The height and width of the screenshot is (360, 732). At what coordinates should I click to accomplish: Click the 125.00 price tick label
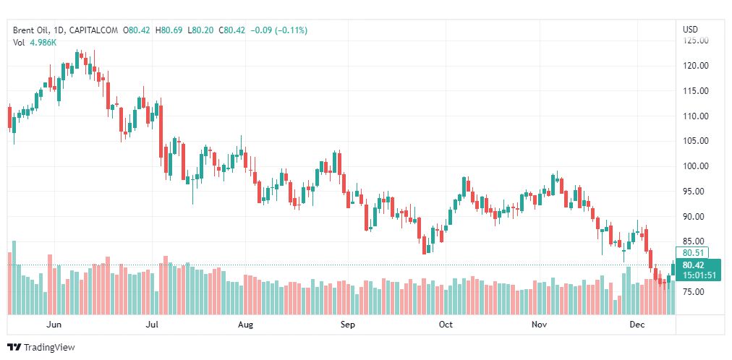point(696,40)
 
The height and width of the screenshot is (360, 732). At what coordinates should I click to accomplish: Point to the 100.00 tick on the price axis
point(696,166)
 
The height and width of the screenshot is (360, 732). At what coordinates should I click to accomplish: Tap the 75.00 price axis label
point(694,292)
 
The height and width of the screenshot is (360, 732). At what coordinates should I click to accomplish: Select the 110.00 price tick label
point(696,116)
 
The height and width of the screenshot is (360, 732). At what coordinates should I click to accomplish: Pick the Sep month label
point(348,325)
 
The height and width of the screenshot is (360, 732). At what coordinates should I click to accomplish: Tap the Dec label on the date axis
point(637,325)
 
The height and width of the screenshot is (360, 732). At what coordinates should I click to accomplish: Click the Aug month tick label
point(246,325)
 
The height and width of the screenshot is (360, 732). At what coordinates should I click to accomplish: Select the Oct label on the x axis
point(446,325)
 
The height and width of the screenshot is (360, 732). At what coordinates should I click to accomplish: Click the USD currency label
point(690,30)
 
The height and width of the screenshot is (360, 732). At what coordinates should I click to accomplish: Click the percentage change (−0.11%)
point(290,30)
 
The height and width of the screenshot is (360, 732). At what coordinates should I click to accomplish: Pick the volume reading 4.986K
point(43,43)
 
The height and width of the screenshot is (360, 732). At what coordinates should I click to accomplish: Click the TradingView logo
point(41,348)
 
